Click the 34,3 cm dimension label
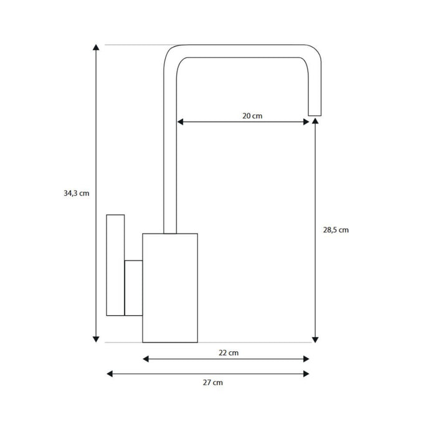[77, 193]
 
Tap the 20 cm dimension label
[252, 116]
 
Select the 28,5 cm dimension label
[336, 230]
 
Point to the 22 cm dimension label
[229, 353]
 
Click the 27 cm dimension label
[213, 382]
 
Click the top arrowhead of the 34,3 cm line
[96, 47]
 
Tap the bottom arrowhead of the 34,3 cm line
[96, 339]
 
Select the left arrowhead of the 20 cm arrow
[180, 122]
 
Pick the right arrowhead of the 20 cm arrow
[306, 122]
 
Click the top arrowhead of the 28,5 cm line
[315, 121]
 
